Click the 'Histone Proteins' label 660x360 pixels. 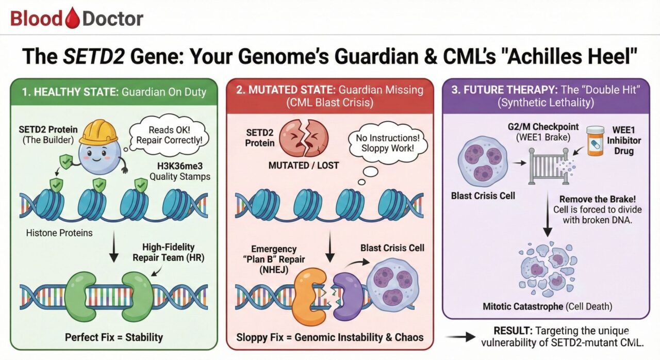coord(59,233)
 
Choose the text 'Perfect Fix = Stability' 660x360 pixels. coord(114,337)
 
